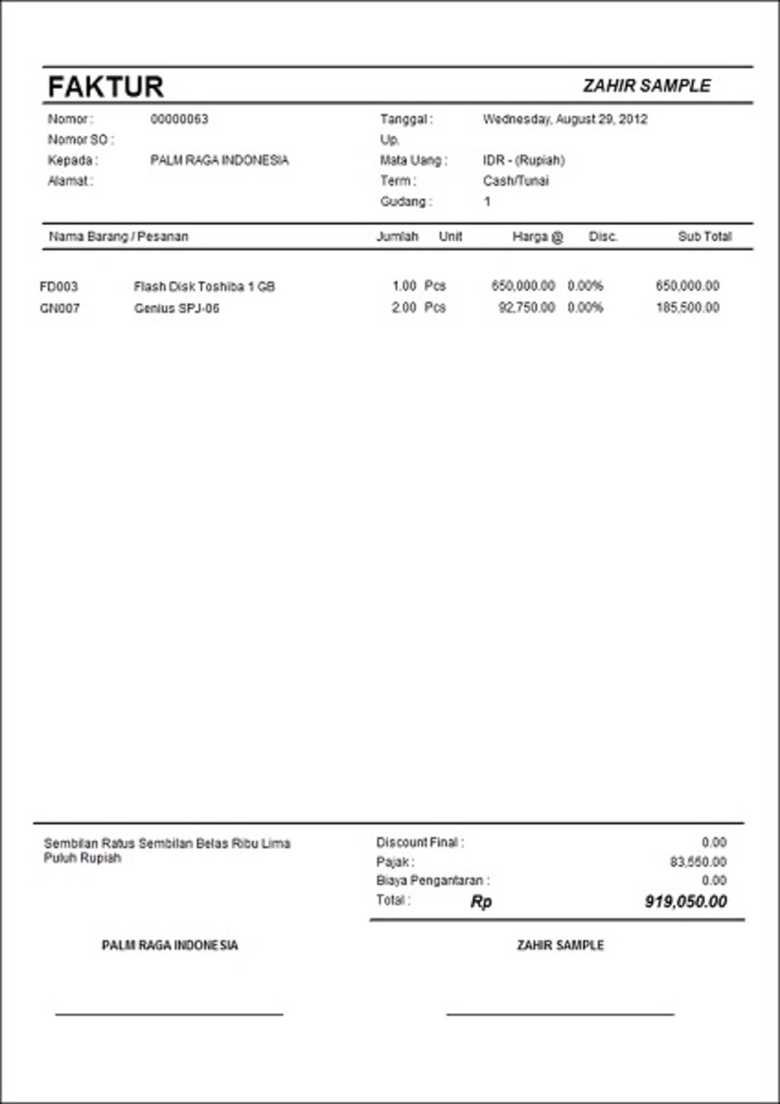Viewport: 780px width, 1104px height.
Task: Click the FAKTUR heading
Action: pos(105,86)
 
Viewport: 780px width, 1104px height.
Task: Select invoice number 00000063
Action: pos(179,119)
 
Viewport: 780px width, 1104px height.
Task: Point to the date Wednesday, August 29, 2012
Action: pos(565,119)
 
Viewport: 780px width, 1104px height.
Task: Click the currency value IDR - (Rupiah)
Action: pos(523,160)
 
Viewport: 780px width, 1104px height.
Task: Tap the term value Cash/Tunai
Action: pos(515,181)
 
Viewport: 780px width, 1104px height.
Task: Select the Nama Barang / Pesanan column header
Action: pos(118,237)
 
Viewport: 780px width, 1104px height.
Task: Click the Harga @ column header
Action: pos(538,237)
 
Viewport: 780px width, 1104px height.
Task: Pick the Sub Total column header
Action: pos(705,237)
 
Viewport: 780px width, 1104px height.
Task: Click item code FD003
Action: pos(58,287)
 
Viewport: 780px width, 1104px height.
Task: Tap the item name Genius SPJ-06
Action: pos(177,308)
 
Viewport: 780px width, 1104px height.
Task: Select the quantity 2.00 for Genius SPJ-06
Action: pos(404,308)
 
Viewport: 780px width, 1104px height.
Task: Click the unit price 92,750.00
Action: pos(526,308)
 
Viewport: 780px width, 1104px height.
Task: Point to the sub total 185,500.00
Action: pos(687,308)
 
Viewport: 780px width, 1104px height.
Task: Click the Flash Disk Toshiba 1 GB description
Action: pos(204,287)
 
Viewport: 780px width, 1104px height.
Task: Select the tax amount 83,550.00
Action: pos(697,862)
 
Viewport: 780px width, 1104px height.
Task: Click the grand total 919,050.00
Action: pos(685,901)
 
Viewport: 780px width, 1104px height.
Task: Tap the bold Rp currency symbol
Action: pos(481,902)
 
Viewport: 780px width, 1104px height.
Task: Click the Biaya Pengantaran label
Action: pos(433,881)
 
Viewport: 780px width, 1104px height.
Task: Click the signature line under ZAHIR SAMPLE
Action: pos(560,1014)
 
